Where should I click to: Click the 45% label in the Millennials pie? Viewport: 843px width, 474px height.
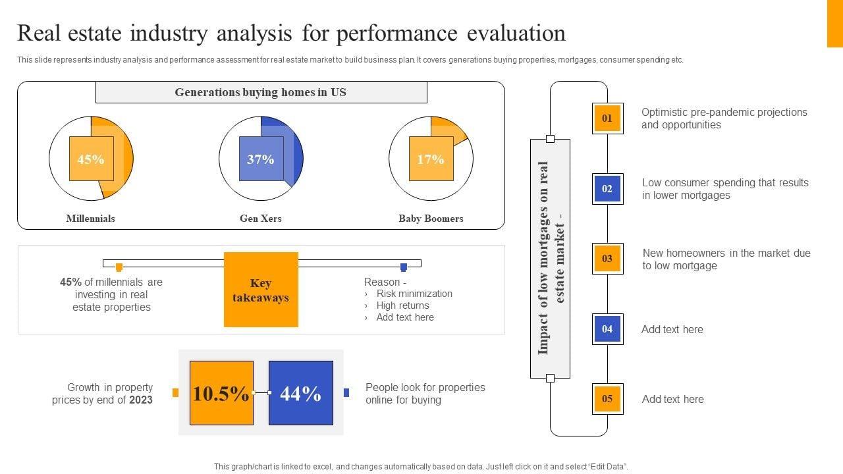click(91, 159)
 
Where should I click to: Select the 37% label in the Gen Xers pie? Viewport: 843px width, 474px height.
click(261, 159)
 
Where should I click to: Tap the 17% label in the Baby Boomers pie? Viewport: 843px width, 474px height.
click(431, 159)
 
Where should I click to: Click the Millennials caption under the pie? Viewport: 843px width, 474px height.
click(91, 219)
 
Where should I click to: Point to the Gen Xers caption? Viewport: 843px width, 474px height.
click(261, 219)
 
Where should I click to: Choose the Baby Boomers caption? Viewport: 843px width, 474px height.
click(431, 219)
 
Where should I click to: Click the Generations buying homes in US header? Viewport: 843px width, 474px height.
click(261, 93)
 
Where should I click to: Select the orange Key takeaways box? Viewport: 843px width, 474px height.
click(261, 290)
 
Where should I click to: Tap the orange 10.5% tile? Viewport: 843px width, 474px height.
click(221, 393)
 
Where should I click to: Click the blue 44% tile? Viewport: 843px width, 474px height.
click(301, 393)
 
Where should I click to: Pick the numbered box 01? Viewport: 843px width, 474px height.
click(607, 118)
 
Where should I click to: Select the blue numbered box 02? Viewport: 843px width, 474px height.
click(607, 189)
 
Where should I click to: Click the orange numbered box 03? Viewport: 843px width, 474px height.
click(607, 259)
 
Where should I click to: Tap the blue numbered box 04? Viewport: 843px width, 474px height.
click(607, 329)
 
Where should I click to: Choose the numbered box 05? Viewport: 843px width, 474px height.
click(607, 399)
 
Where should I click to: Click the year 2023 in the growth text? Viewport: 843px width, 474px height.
click(141, 400)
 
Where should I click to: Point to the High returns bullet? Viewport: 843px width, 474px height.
click(402, 305)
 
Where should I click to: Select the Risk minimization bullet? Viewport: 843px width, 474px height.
click(414, 294)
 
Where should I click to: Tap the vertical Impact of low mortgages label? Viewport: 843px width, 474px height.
click(551, 258)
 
